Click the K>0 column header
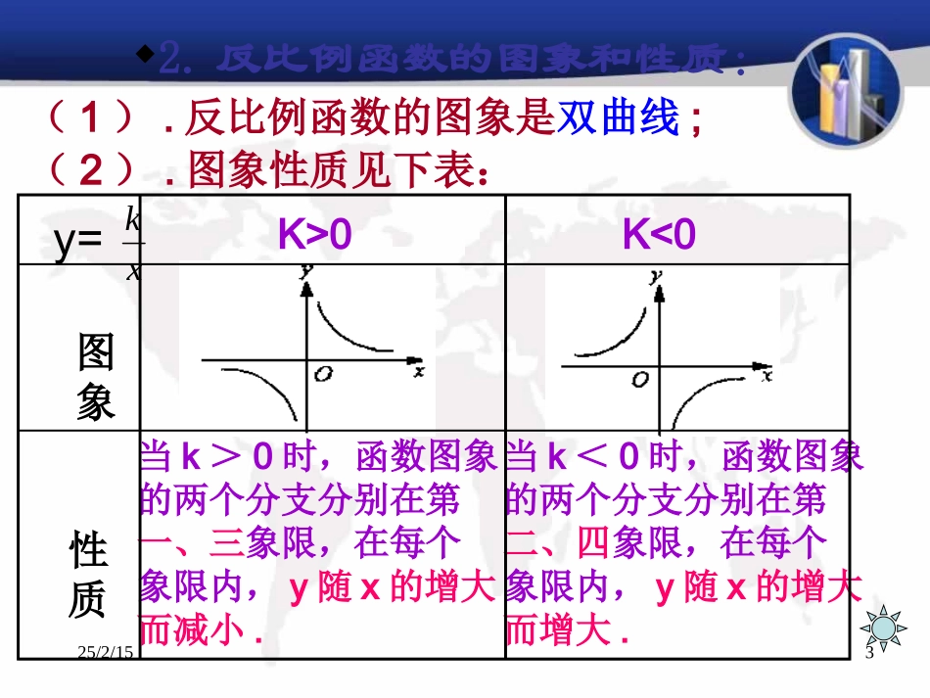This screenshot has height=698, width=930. click(314, 235)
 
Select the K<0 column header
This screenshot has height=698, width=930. click(659, 235)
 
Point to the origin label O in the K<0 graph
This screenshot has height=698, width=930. click(640, 379)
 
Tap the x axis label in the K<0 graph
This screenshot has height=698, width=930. click(766, 374)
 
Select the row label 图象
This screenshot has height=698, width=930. click(96, 378)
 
